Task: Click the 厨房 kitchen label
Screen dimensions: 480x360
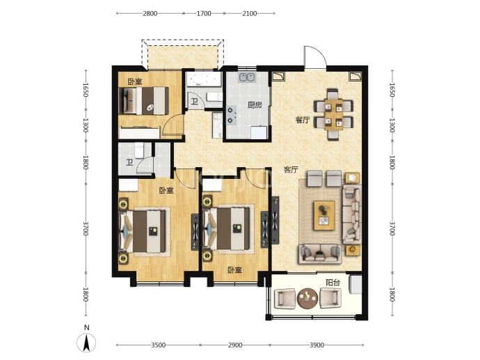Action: [x=255, y=105]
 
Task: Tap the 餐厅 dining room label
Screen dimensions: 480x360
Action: [x=303, y=120]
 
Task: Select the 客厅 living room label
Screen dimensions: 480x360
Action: [x=291, y=169]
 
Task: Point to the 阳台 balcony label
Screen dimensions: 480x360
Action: [x=333, y=283]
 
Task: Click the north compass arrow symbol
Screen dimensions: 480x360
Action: [x=87, y=343]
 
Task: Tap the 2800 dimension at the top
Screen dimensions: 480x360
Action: [x=150, y=13]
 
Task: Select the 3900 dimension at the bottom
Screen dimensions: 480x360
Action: [x=317, y=345]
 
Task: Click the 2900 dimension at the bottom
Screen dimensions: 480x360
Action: [x=235, y=345]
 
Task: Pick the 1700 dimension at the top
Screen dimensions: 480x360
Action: [x=204, y=13]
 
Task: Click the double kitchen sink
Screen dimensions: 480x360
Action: [x=248, y=77]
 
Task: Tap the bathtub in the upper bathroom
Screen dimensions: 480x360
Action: [x=204, y=79]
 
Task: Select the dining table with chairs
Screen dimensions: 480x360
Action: [x=334, y=114]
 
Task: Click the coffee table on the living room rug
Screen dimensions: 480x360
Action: [x=324, y=215]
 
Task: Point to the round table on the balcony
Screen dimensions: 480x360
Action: [x=307, y=298]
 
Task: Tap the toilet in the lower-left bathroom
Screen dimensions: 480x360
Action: [x=139, y=150]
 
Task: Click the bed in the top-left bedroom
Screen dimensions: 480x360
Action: [x=143, y=101]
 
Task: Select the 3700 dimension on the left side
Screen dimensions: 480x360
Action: [x=86, y=228]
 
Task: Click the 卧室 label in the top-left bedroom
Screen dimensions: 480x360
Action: [x=135, y=81]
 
